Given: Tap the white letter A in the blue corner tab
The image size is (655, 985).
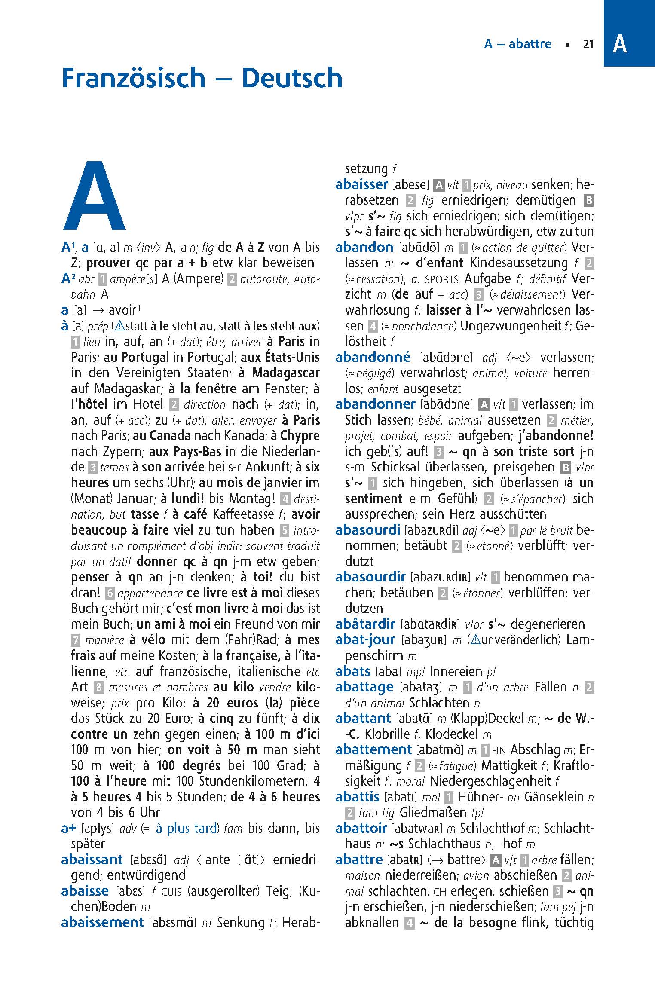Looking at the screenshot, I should click(619, 44).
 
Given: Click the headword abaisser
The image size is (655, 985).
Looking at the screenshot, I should click(361, 184).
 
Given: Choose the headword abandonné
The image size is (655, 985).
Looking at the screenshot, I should click(373, 357).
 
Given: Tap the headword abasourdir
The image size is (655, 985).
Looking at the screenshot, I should click(370, 577).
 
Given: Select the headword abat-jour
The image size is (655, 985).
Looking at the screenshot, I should click(365, 639).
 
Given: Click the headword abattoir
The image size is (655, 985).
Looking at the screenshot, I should click(361, 828).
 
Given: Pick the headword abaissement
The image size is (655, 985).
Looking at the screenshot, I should click(102, 922).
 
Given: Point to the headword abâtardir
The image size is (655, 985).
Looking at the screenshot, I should click(365, 624).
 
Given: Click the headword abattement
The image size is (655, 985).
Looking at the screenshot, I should click(373, 749).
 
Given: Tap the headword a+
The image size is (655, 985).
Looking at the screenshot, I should click(69, 828).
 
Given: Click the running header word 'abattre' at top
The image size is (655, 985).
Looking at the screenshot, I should click(530, 44).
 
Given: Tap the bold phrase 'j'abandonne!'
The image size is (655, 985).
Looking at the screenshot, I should click(556, 436).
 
